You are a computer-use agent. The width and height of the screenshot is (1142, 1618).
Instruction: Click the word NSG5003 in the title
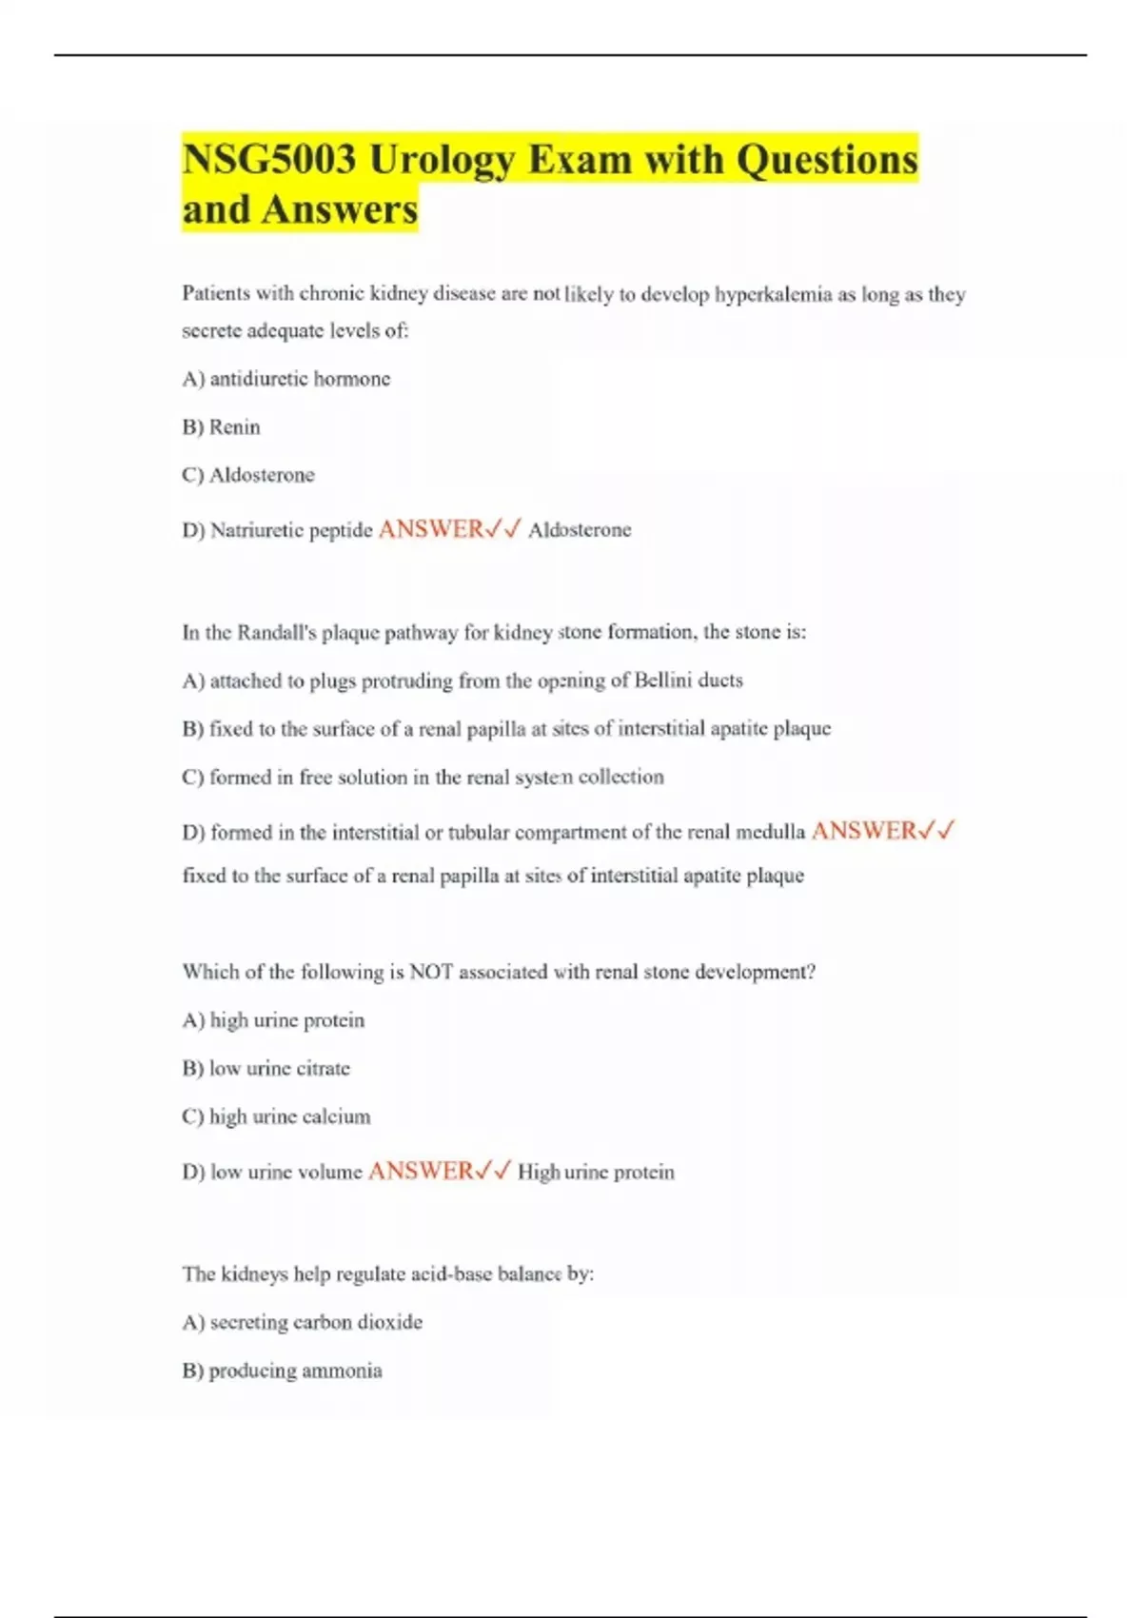(269, 159)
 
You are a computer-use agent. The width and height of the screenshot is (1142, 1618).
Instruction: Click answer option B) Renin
(221, 427)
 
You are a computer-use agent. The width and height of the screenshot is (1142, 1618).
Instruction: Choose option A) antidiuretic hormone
(285, 379)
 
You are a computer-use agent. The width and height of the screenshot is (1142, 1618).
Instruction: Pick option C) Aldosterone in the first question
(247, 475)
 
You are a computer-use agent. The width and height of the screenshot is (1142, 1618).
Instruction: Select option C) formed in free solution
(423, 777)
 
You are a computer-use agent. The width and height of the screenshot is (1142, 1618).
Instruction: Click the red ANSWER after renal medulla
(864, 831)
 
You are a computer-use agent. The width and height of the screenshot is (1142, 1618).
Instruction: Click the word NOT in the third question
(430, 972)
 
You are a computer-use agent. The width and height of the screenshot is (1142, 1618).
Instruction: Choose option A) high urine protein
(273, 1020)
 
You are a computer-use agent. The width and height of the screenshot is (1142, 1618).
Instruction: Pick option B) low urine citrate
(266, 1069)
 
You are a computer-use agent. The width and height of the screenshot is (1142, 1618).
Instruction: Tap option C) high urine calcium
(276, 1116)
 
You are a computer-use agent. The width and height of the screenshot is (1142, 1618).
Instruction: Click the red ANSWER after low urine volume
(421, 1171)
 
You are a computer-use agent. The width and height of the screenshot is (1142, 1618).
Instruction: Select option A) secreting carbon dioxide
(302, 1322)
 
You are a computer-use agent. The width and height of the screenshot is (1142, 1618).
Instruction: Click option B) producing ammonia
(282, 1371)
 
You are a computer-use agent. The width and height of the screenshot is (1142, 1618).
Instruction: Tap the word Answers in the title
(339, 209)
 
